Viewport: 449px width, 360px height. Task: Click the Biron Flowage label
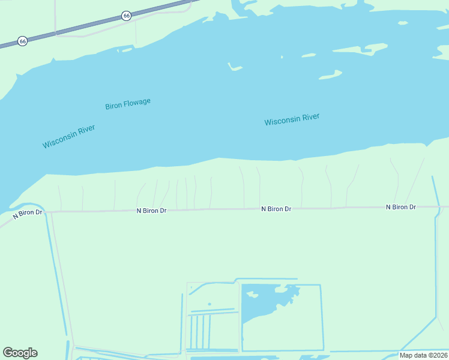[128, 104]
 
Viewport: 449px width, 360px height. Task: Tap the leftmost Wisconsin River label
[69, 136]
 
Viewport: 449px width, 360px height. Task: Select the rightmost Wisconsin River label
[292, 119]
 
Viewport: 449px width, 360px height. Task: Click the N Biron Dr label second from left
[151, 211]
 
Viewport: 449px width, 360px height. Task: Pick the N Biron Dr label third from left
[276, 209]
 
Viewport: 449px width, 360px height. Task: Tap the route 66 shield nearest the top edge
[126, 16]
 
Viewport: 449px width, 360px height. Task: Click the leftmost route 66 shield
[22, 41]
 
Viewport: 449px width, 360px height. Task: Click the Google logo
[20, 353]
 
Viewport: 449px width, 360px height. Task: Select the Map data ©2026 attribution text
[423, 355]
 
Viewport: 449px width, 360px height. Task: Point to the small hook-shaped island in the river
[234, 67]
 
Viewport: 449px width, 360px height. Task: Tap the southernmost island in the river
[330, 75]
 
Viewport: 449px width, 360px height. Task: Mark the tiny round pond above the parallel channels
[209, 304]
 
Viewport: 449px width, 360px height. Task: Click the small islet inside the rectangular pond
[252, 295]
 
